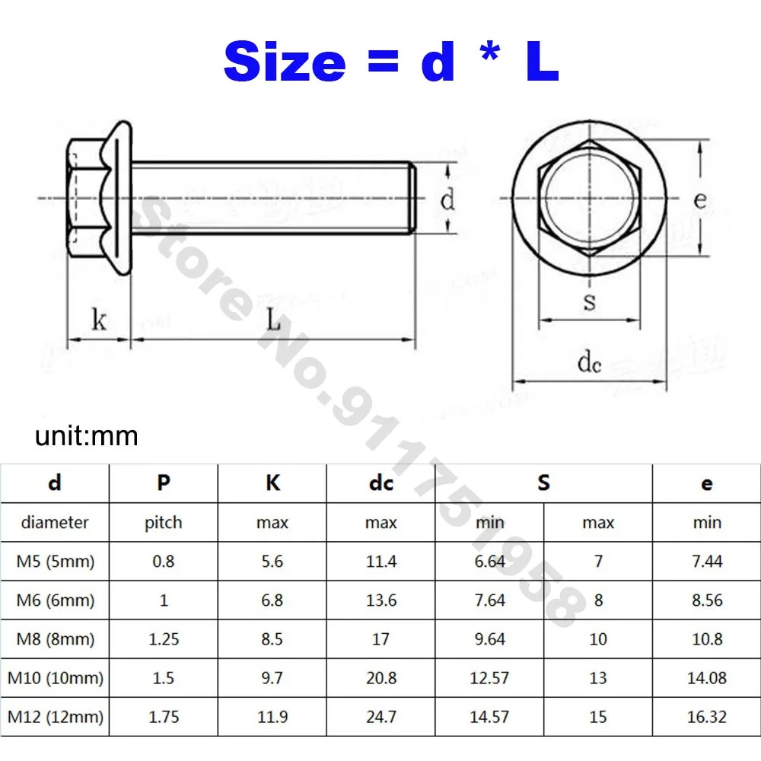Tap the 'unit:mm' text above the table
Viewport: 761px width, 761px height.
(x=87, y=436)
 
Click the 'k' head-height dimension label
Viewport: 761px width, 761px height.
(x=99, y=320)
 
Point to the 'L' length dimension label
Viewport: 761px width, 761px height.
(x=273, y=320)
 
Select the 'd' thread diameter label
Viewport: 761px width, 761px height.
(x=448, y=201)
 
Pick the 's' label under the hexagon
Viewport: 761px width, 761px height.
(x=590, y=302)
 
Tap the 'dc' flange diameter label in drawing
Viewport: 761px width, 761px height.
(x=590, y=363)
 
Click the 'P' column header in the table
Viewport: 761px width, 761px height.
(x=164, y=483)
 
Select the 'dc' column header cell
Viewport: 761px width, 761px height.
(x=380, y=483)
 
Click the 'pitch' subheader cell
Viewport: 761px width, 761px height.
(x=164, y=523)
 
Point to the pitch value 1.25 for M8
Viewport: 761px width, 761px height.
(x=164, y=639)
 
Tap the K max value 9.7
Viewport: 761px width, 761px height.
(x=272, y=677)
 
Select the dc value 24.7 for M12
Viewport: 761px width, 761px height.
(x=380, y=716)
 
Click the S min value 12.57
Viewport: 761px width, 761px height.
(x=489, y=677)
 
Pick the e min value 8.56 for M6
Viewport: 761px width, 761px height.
(x=706, y=600)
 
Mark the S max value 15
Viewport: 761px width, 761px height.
(x=598, y=716)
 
